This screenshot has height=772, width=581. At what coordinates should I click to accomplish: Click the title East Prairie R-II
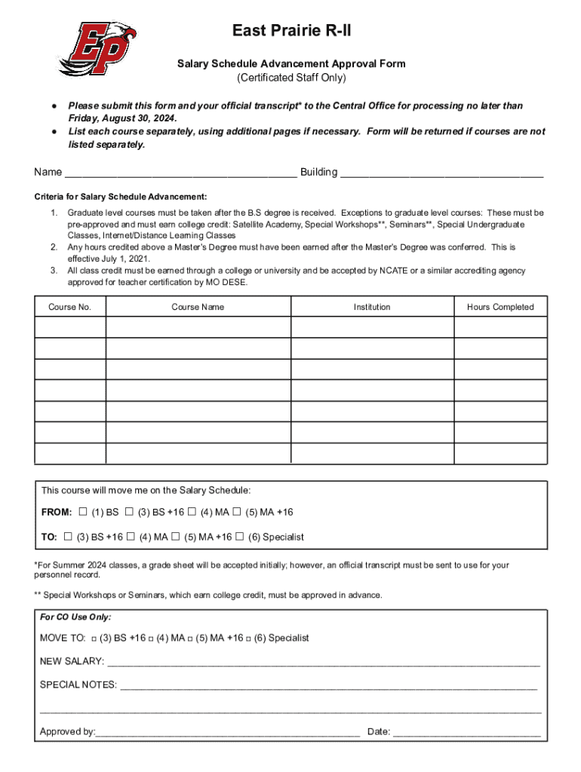coord(290,31)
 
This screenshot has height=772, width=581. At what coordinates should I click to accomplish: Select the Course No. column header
coord(69,307)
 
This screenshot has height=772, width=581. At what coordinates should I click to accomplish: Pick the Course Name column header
coord(198,307)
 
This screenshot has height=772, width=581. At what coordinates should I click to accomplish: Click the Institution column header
coord(372,307)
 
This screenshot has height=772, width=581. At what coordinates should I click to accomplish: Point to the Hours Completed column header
coord(500,307)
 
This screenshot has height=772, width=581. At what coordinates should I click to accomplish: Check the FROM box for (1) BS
coord(83,513)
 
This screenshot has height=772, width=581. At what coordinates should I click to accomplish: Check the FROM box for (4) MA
coord(192,513)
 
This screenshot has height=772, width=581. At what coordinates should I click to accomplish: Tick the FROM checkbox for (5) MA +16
coord(237,513)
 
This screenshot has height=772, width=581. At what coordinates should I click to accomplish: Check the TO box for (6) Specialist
coord(240,538)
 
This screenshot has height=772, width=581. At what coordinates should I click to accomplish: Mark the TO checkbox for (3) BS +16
coord(69,538)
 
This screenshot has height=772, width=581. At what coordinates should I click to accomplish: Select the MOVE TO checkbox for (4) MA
coord(152,639)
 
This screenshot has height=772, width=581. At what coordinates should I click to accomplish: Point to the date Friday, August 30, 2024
coord(123,119)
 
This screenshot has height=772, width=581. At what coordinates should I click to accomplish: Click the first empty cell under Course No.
coord(69,327)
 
